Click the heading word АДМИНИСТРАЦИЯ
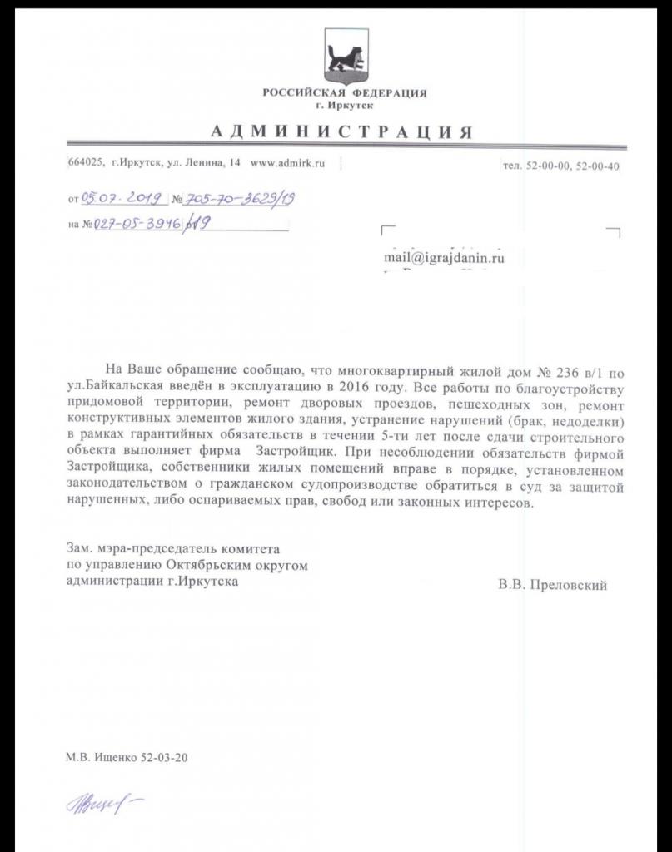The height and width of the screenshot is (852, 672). (341, 132)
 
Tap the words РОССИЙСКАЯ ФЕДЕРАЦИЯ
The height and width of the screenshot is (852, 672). (345, 92)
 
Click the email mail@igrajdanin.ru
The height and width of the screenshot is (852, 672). (444, 258)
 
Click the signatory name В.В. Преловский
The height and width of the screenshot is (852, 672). (552, 585)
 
